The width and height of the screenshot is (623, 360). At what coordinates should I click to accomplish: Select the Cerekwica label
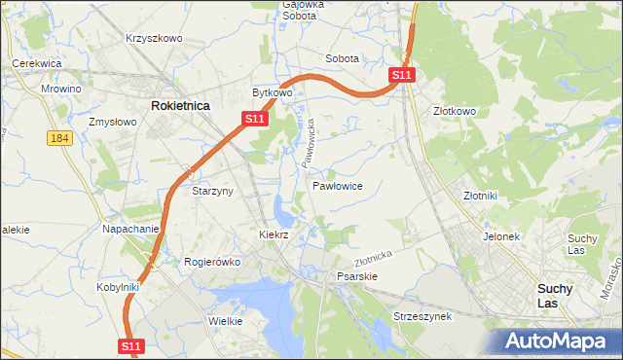pyautogui.click(x=37, y=63)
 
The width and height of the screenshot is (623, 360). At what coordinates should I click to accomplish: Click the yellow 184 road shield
pyautogui.click(x=59, y=138)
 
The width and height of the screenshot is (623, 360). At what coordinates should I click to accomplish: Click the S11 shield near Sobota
pyautogui.click(x=403, y=74)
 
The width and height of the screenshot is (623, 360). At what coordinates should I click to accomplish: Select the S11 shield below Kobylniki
pyautogui.click(x=132, y=345)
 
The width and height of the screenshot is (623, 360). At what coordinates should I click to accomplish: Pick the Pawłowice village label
pyautogui.click(x=338, y=185)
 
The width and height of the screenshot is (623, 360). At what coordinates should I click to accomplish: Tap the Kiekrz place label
pyautogui.click(x=275, y=234)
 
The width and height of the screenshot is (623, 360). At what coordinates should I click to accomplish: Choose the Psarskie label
pyautogui.click(x=356, y=276)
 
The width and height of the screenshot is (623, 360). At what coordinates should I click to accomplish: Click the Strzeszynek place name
pyautogui.click(x=421, y=317)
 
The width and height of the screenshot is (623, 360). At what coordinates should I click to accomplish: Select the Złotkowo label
pyautogui.click(x=455, y=111)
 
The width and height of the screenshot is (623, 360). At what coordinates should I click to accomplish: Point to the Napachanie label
pyautogui.click(x=130, y=229)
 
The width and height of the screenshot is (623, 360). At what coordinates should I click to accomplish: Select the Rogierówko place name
pyautogui.click(x=211, y=261)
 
